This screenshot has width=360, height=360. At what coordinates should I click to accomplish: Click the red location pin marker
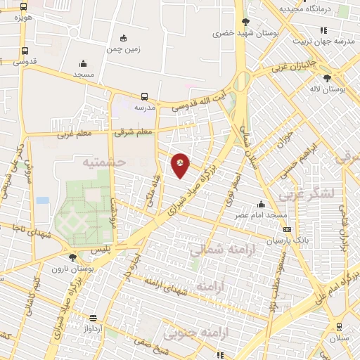tap(181, 165)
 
